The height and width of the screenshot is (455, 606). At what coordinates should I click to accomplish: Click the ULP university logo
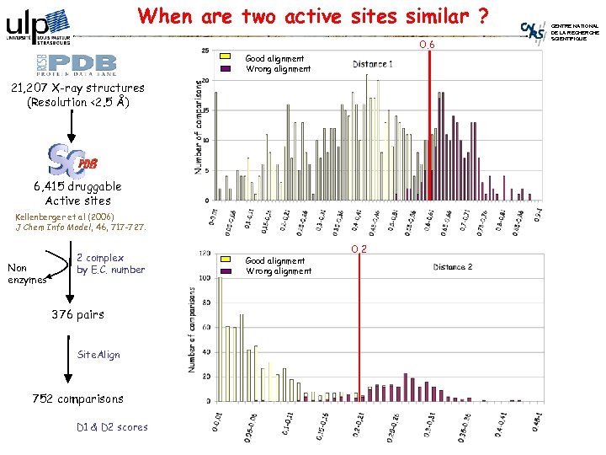tap(38, 26)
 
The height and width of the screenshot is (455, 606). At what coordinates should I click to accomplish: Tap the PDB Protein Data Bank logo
tap(71, 64)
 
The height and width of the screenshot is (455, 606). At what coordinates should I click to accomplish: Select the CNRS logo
tap(534, 30)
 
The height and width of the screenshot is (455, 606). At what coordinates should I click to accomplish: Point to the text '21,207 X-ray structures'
tap(74, 88)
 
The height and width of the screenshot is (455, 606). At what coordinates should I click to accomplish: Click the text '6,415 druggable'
tap(77, 186)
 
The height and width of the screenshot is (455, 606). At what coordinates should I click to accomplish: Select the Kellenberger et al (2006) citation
tap(81, 222)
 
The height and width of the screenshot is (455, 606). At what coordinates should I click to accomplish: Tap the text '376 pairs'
tap(77, 314)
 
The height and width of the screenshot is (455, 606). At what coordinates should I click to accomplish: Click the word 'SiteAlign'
tap(98, 355)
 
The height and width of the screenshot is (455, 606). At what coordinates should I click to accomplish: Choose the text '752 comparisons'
tap(77, 399)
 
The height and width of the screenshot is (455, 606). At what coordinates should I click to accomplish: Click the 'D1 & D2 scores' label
tap(112, 427)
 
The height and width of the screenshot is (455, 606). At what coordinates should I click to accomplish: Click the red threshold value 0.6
tap(428, 45)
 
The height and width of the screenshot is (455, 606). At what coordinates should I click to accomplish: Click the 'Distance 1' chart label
tap(373, 64)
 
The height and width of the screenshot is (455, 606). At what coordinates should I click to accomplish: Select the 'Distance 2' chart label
tap(453, 267)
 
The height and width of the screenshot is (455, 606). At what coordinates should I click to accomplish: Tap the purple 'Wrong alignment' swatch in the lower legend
tap(225, 271)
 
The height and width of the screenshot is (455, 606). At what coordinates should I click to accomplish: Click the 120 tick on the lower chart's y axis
tap(203, 253)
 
